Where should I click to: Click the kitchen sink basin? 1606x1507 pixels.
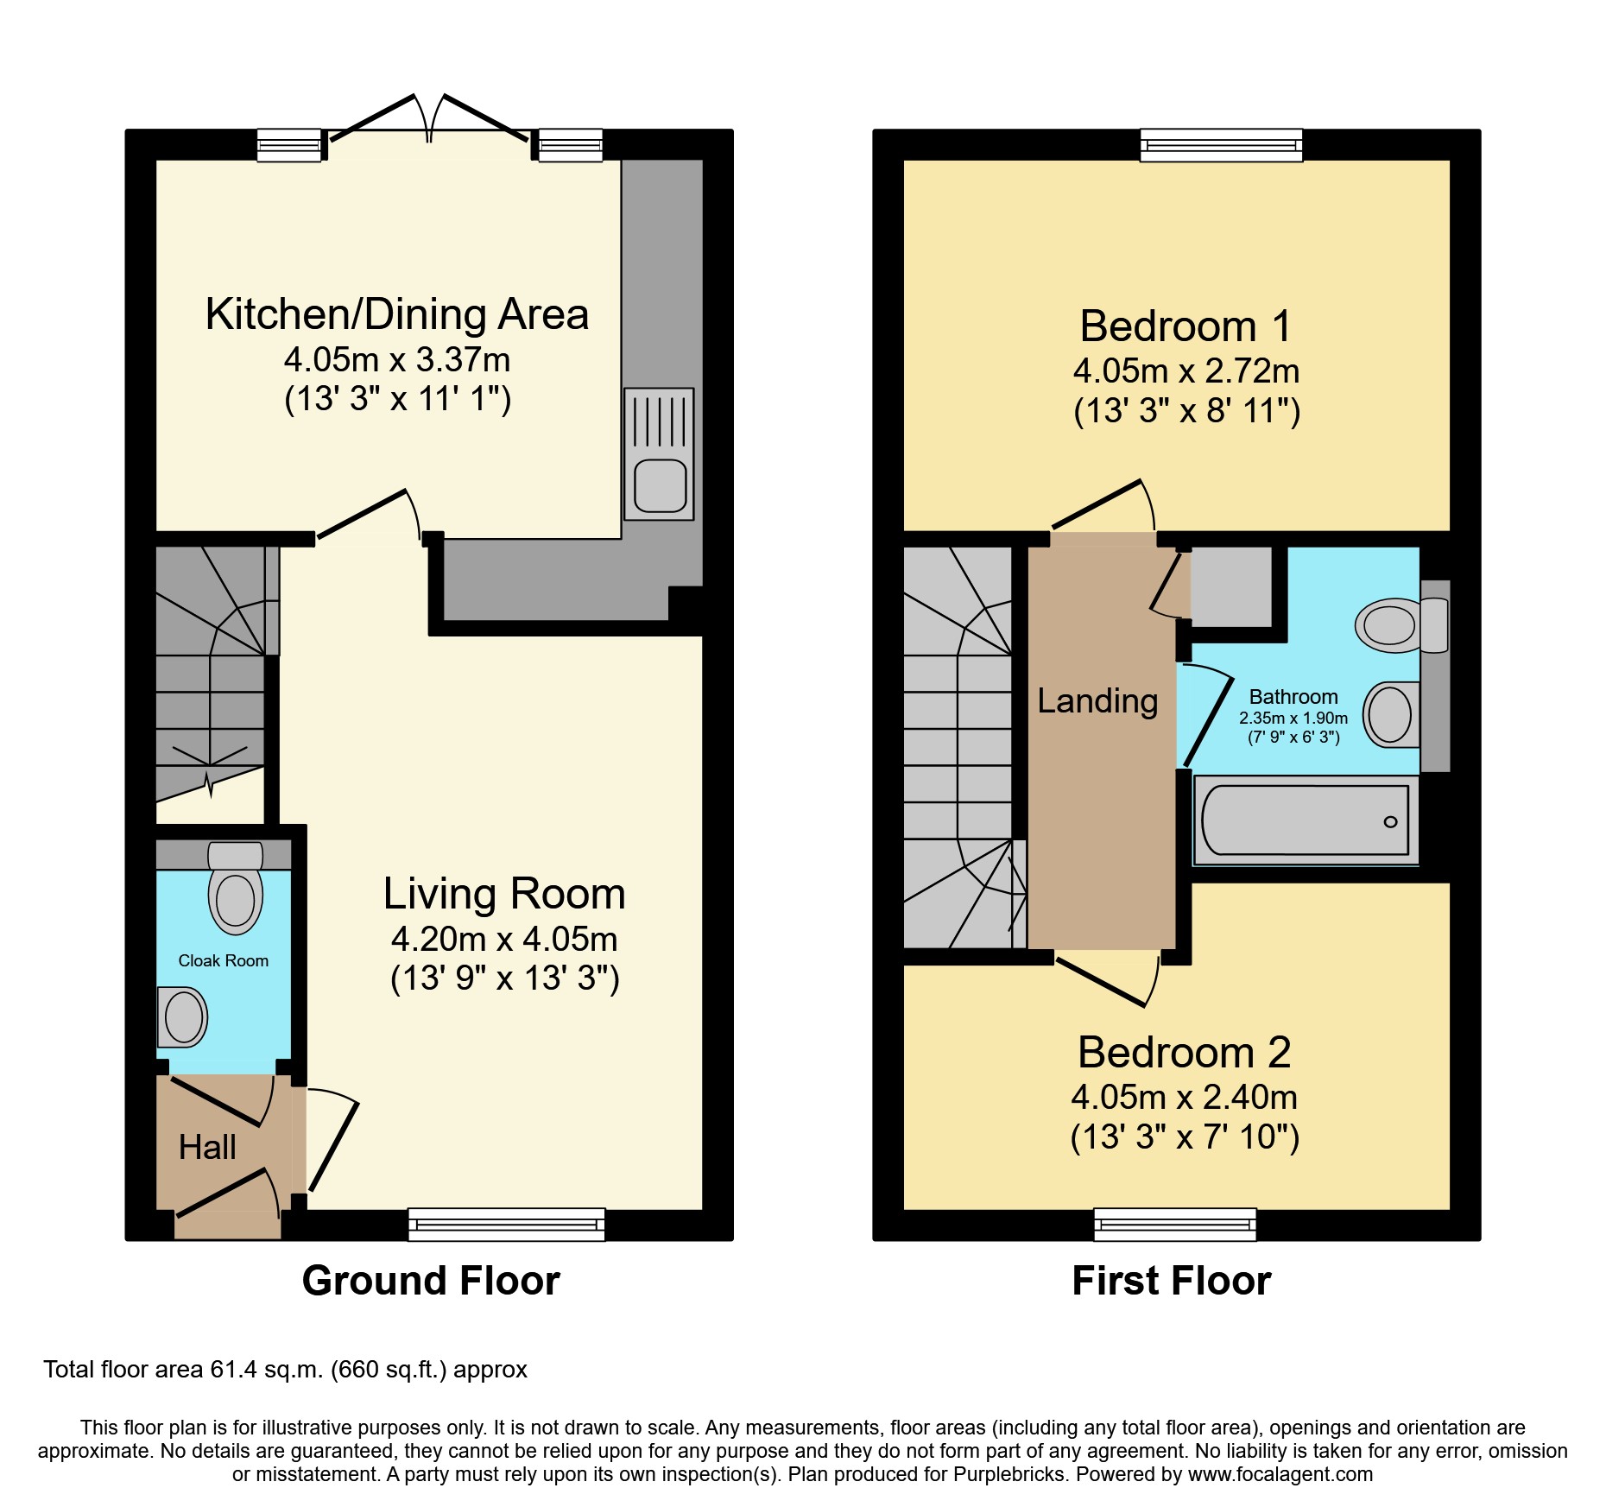click(x=660, y=485)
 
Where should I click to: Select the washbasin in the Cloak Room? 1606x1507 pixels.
click(x=182, y=1016)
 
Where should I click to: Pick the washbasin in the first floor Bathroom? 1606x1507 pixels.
click(x=1390, y=714)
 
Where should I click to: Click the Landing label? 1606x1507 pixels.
click(x=1097, y=700)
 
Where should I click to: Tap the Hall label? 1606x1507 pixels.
click(x=207, y=1147)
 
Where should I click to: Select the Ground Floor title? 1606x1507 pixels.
click(x=431, y=1280)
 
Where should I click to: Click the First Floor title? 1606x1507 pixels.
click(x=1171, y=1280)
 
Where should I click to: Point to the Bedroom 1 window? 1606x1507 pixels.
click(x=1221, y=145)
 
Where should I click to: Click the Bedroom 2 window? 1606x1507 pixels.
click(x=1174, y=1224)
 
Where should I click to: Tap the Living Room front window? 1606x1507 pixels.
click(x=506, y=1224)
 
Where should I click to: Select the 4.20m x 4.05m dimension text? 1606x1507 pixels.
click(x=504, y=939)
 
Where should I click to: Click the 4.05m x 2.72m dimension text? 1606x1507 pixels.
click(x=1186, y=371)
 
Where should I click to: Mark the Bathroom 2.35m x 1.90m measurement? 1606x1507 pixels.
click(x=1293, y=718)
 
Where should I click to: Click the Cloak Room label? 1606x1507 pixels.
click(x=223, y=960)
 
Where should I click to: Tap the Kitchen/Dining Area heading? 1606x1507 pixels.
click(x=397, y=314)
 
